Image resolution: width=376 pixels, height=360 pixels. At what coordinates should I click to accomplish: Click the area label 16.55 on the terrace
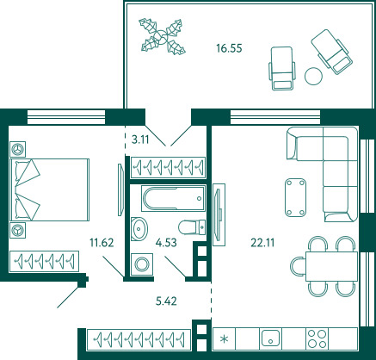[x=229, y=48]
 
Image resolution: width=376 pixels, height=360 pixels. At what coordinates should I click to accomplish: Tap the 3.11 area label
[x=140, y=140]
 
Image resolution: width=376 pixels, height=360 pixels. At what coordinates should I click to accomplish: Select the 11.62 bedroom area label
[x=102, y=243]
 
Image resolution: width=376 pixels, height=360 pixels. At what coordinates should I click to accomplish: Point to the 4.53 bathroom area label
[x=166, y=242]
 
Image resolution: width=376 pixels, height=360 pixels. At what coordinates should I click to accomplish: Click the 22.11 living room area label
[x=262, y=243]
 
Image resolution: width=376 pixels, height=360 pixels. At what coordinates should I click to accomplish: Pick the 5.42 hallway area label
[x=166, y=301]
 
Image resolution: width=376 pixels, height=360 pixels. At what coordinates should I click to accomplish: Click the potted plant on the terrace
[x=162, y=36]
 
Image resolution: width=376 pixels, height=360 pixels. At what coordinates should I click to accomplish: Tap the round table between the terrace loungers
[x=313, y=76]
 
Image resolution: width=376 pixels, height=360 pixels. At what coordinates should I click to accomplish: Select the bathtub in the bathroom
[x=174, y=198]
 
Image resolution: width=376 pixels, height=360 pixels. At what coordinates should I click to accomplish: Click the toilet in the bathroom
[x=192, y=227]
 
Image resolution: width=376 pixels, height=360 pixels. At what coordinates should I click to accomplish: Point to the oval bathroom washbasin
[x=139, y=229]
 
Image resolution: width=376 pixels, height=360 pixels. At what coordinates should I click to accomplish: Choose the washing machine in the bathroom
[x=142, y=264]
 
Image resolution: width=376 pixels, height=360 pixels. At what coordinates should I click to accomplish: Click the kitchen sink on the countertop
[x=270, y=338]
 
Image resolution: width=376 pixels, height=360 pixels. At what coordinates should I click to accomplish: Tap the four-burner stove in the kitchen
[x=317, y=338]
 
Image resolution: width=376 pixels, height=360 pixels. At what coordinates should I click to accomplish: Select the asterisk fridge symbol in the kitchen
[x=224, y=339]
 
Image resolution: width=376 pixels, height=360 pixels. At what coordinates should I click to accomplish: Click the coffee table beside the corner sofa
[x=295, y=197]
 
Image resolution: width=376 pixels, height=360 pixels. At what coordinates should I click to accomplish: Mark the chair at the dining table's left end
[x=296, y=267]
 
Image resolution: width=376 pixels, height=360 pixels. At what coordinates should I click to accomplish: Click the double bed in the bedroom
[x=50, y=189]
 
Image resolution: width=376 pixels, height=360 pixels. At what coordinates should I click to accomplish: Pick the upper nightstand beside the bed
[x=17, y=149]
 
